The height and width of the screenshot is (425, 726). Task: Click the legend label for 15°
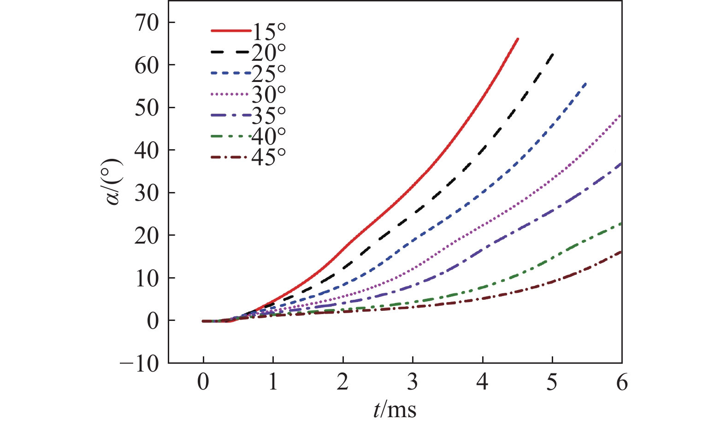click(x=269, y=32)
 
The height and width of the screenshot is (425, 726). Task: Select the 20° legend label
click(x=269, y=53)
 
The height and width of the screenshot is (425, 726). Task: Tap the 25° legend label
click(x=269, y=73)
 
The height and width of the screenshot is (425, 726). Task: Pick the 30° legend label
click(x=269, y=94)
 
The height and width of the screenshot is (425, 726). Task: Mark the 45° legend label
click(x=269, y=157)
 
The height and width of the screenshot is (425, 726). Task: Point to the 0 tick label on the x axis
click(x=203, y=382)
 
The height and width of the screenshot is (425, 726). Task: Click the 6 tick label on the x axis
click(x=622, y=382)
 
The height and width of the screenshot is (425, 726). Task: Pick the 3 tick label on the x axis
click(x=413, y=382)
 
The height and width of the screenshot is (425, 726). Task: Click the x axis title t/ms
click(x=395, y=409)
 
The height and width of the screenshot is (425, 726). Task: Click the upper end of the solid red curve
click(x=518, y=39)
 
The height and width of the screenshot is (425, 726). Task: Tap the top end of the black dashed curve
click(x=553, y=54)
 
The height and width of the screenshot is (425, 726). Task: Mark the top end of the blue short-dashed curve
click(x=587, y=82)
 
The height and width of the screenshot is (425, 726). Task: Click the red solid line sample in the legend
click(x=230, y=31)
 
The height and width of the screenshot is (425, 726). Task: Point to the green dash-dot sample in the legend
click(x=230, y=136)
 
